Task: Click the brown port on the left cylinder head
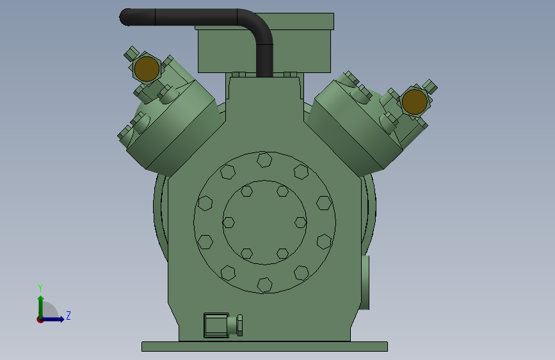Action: [x=147, y=69]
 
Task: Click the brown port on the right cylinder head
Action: [x=414, y=102]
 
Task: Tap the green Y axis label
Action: [x=40, y=288]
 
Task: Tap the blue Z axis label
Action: [x=68, y=315]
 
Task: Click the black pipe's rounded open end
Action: [x=125, y=17]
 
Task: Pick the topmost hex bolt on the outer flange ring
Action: [x=264, y=160]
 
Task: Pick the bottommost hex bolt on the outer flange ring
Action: [x=264, y=285]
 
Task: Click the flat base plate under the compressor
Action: [x=264, y=347]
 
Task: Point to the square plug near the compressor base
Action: [x=216, y=325]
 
